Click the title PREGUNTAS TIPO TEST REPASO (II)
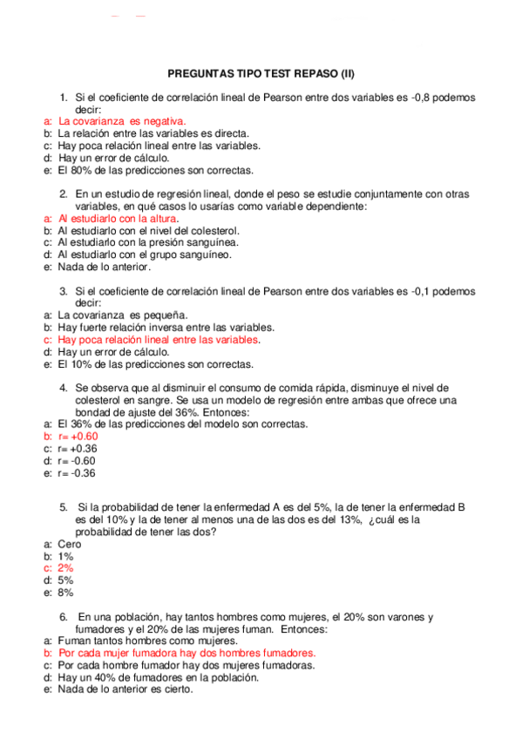pos(261,74)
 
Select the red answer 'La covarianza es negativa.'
pos(122,122)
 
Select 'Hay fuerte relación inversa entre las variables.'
pos(166,328)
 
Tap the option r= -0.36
pos(76,473)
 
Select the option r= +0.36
pos(77,449)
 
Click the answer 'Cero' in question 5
pos(70,544)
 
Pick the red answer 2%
pos(66,568)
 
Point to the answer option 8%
pos(66,593)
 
